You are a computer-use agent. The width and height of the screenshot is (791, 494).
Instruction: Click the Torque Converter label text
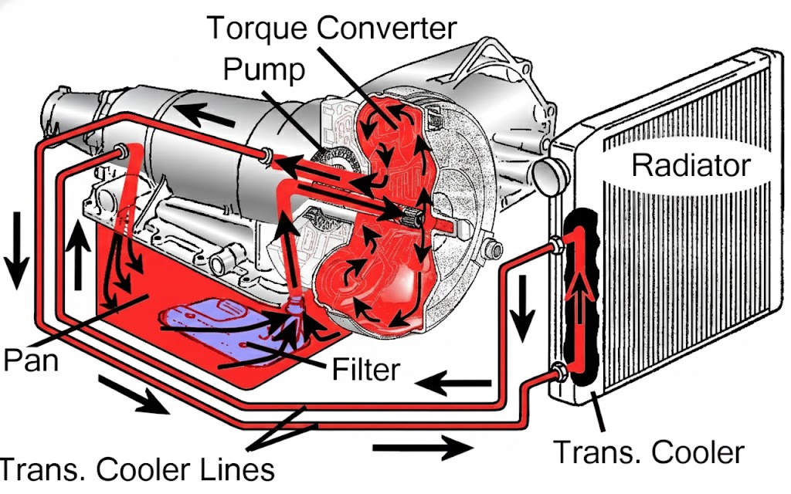tap(331, 29)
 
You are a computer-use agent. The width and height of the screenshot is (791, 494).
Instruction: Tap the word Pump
tap(264, 69)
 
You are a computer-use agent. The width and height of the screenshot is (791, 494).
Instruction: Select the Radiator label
tap(691, 164)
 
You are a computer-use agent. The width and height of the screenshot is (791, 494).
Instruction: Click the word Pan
tap(31, 360)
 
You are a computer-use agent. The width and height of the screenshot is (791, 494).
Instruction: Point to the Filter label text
tap(365, 370)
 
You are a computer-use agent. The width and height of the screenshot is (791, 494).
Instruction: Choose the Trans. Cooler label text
tap(649, 452)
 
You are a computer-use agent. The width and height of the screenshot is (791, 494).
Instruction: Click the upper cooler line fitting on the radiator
tap(556, 245)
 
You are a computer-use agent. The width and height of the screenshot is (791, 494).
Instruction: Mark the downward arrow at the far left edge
tap(17, 250)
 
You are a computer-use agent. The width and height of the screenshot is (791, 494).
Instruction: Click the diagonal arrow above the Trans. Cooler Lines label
tap(134, 394)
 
